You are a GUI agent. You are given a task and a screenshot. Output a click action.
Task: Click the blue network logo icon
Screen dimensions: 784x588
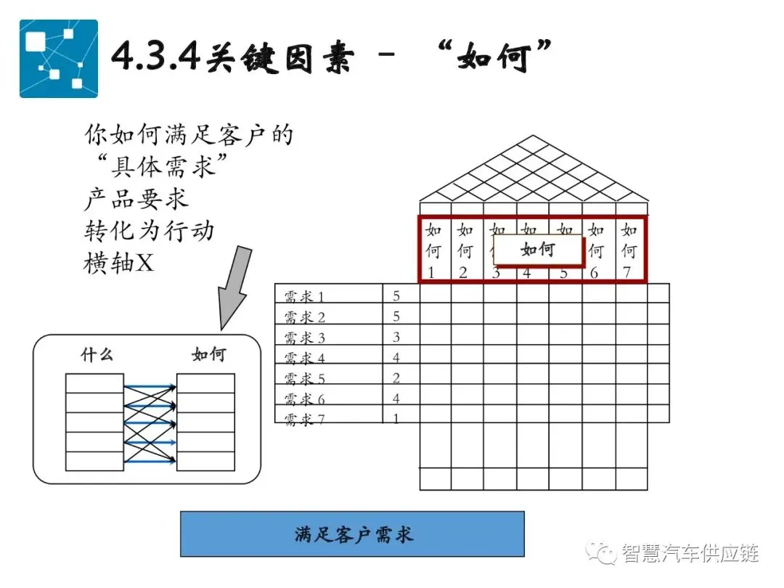coord(58,58)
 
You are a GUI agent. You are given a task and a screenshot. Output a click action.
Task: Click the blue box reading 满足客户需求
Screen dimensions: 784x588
coord(352,534)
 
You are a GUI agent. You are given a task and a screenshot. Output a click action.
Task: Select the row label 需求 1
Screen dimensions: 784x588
coord(304,296)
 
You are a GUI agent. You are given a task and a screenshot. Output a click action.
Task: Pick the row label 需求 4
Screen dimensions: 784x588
coord(304,358)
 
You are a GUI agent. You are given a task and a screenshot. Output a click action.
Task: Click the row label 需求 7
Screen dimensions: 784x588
coord(304,419)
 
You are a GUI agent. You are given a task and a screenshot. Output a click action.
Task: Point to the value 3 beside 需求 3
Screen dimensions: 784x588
coord(396,338)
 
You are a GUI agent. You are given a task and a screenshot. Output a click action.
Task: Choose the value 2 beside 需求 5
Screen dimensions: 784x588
coord(396,378)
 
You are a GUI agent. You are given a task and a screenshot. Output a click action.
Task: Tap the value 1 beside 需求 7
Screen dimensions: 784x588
coord(396,419)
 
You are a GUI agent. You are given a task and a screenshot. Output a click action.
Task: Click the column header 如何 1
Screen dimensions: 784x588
coord(433,251)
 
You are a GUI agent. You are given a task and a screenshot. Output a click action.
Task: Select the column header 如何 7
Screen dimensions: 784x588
coord(629,251)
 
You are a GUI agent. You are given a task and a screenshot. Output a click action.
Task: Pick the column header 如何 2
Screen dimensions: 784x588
coord(465,251)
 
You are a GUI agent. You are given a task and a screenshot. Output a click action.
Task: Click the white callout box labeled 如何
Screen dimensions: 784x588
coord(538,250)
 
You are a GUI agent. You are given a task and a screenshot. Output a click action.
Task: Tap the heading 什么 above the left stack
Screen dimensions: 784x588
coord(97,355)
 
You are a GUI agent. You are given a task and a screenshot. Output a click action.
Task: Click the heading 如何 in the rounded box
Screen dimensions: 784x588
coord(208,355)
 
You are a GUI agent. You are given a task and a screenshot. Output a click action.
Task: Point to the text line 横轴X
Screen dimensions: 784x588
coord(119,263)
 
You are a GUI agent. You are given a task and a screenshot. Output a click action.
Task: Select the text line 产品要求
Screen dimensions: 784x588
coord(136,199)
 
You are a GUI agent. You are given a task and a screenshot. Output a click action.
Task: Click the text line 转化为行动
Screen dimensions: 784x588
coord(150,231)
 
